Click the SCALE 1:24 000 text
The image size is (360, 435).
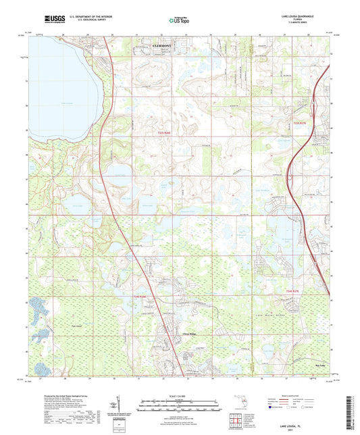tap(179, 395)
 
